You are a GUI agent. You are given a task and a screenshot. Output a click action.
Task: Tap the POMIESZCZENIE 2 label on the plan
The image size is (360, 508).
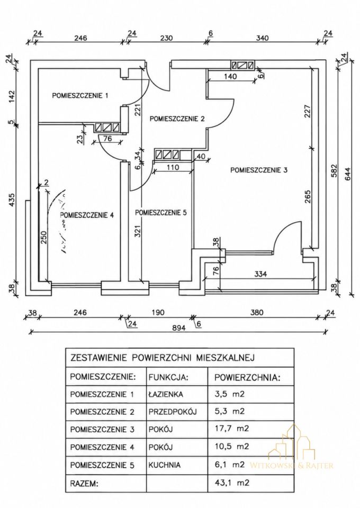coord(177,119)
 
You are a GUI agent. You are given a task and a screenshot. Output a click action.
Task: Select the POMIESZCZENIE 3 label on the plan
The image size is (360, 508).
coord(259,170)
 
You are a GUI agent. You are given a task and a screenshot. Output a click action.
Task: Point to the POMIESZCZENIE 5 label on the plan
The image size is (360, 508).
coord(161,213)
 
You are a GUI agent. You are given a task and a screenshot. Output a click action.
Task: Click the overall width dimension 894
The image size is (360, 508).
coord(178,328)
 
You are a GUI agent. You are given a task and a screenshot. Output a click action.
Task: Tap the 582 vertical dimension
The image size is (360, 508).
coord(334,171)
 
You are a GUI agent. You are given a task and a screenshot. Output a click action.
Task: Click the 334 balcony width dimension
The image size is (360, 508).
coord(260,274)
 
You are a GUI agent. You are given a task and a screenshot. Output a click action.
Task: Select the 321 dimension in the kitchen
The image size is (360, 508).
coord(137,231)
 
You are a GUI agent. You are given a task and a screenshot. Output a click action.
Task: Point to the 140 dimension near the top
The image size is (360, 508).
coord(230,76)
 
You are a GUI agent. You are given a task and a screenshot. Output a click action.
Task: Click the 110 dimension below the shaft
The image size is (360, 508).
coord(173,168)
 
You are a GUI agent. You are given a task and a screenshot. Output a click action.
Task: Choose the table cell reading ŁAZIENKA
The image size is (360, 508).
coord(166,394)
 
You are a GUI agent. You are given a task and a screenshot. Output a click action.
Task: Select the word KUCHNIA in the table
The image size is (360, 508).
coord(165,465)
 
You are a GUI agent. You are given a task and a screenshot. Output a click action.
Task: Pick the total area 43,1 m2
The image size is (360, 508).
coord(232,483)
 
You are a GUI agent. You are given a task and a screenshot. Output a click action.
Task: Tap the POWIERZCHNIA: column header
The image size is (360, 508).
coord(247,377)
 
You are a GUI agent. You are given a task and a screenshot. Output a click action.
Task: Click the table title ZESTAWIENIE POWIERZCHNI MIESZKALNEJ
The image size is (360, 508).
coord(163,358)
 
